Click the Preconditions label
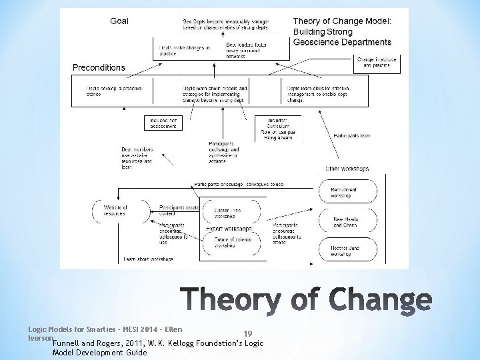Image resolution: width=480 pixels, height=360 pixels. pyautogui.click(x=99, y=67)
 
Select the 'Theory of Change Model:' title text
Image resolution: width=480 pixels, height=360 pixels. pyautogui.click(x=342, y=21)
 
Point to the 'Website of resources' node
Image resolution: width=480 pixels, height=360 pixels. pyautogui.click(x=116, y=211)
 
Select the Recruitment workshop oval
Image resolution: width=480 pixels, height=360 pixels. pyautogui.click(x=344, y=192)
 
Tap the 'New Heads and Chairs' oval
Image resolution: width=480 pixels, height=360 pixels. pyautogui.click(x=344, y=223)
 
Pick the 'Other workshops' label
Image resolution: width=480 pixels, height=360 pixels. pyautogui.click(x=347, y=169)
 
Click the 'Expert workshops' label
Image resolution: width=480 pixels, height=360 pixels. pyautogui.click(x=229, y=228)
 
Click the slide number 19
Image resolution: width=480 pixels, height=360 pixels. pyautogui.click(x=247, y=333)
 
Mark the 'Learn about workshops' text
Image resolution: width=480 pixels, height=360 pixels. pyautogui.click(x=148, y=259)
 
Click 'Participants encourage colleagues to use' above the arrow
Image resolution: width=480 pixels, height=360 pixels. pyautogui.click(x=239, y=184)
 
